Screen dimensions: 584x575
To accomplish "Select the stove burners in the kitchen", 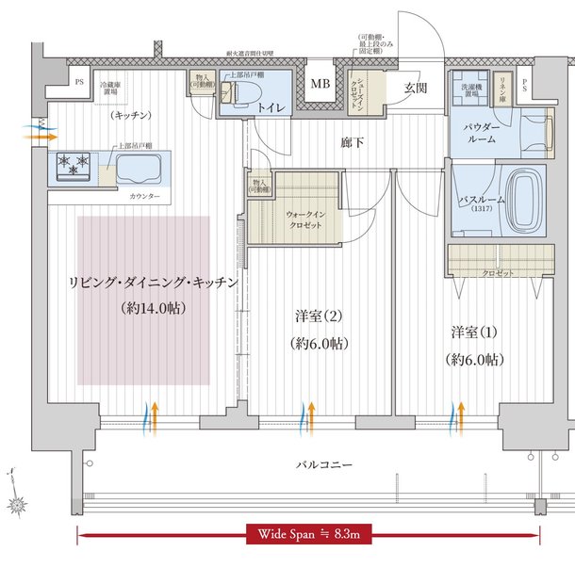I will click(75, 165).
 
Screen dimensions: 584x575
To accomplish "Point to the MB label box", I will click(321, 85).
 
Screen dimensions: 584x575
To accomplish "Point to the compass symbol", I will click(16, 499).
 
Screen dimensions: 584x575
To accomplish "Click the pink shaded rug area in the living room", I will click(143, 300).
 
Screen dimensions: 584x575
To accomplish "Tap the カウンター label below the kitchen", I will click(143, 196).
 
